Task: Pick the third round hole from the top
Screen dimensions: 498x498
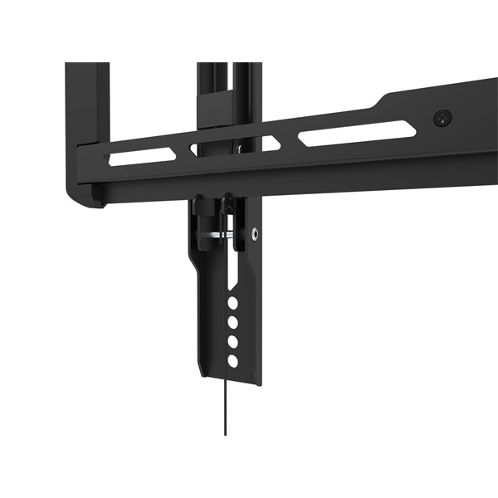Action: coord(234,341)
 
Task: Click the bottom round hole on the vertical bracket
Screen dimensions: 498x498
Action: coord(234,360)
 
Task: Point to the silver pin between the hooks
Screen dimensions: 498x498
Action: coord(217,236)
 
